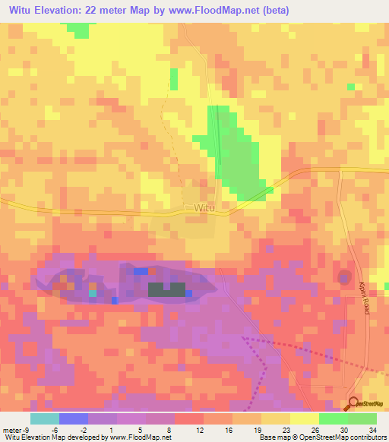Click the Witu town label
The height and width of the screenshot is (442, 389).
(x=204, y=207)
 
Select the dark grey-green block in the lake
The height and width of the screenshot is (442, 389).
(x=166, y=289)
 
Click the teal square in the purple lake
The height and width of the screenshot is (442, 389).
(x=92, y=292)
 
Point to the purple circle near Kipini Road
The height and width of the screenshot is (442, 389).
(x=344, y=277)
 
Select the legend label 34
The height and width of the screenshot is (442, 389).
(x=372, y=429)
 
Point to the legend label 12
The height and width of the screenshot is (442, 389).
(x=200, y=429)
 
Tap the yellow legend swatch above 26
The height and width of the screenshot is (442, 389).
(x=304, y=418)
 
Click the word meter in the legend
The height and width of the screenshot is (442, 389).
(x=11, y=429)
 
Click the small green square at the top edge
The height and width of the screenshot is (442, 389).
(x=77, y=29)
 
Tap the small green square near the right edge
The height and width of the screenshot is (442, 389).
(x=350, y=87)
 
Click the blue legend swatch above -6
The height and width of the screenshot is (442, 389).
(x=73, y=418)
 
